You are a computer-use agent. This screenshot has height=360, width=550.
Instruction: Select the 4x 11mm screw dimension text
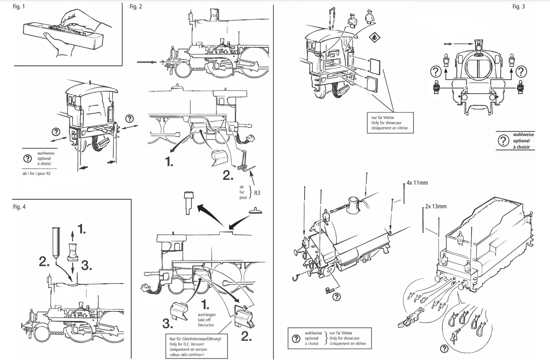point(417,183)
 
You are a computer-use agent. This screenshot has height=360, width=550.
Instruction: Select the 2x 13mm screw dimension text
point(435,206)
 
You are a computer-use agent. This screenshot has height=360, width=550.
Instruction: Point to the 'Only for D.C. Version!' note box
point(192,344)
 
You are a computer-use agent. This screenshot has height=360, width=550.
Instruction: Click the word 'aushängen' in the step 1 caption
point(206,315)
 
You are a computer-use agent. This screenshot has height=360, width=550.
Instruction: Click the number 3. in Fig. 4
point(87,266)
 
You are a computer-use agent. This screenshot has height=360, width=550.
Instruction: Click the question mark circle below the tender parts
point(444,348)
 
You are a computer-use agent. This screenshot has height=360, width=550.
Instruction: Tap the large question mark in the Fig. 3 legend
point(503,141)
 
